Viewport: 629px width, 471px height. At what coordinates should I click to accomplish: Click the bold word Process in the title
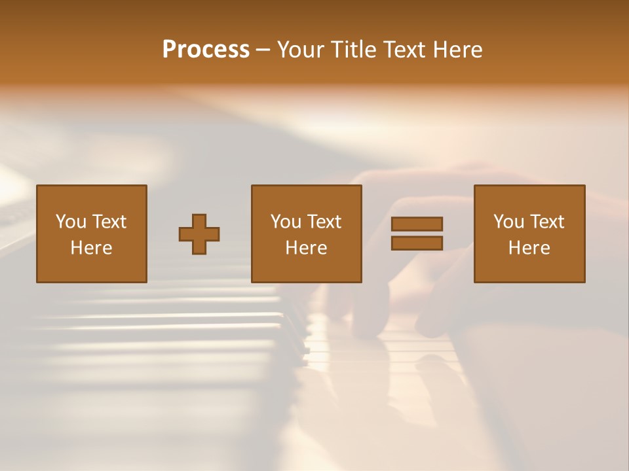pyautogui.click(x=206, y=50)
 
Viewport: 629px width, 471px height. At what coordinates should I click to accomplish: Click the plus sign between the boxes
pyautogui.click(x=199, y=234)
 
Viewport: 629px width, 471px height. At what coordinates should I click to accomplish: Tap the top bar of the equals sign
pyautogui.click(x=417, y=224)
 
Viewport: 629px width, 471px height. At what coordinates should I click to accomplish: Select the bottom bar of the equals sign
pyautogui.click(x=417, y=243)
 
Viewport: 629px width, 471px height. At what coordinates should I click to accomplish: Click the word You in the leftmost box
pyautogui.click(x=70, y=222)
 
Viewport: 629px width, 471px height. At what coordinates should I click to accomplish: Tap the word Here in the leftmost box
pyautogui.click(x=91, y=248)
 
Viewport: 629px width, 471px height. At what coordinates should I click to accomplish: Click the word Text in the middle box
pyautogui.click(x=324, y=222)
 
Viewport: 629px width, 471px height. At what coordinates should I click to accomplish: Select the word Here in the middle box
pyautogui.click(x=306, y=248)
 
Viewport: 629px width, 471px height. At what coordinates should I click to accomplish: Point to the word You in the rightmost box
pyautogui.click(x=508, y=222)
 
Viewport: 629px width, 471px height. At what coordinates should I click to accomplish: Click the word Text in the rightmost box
pyautogui.click(x=546, y=222)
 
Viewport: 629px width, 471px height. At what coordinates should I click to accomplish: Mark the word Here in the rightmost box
pyautogui.click(x=529, y=248)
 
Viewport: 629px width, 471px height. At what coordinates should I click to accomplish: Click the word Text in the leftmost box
pyautogui.click(x=109, y=222)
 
